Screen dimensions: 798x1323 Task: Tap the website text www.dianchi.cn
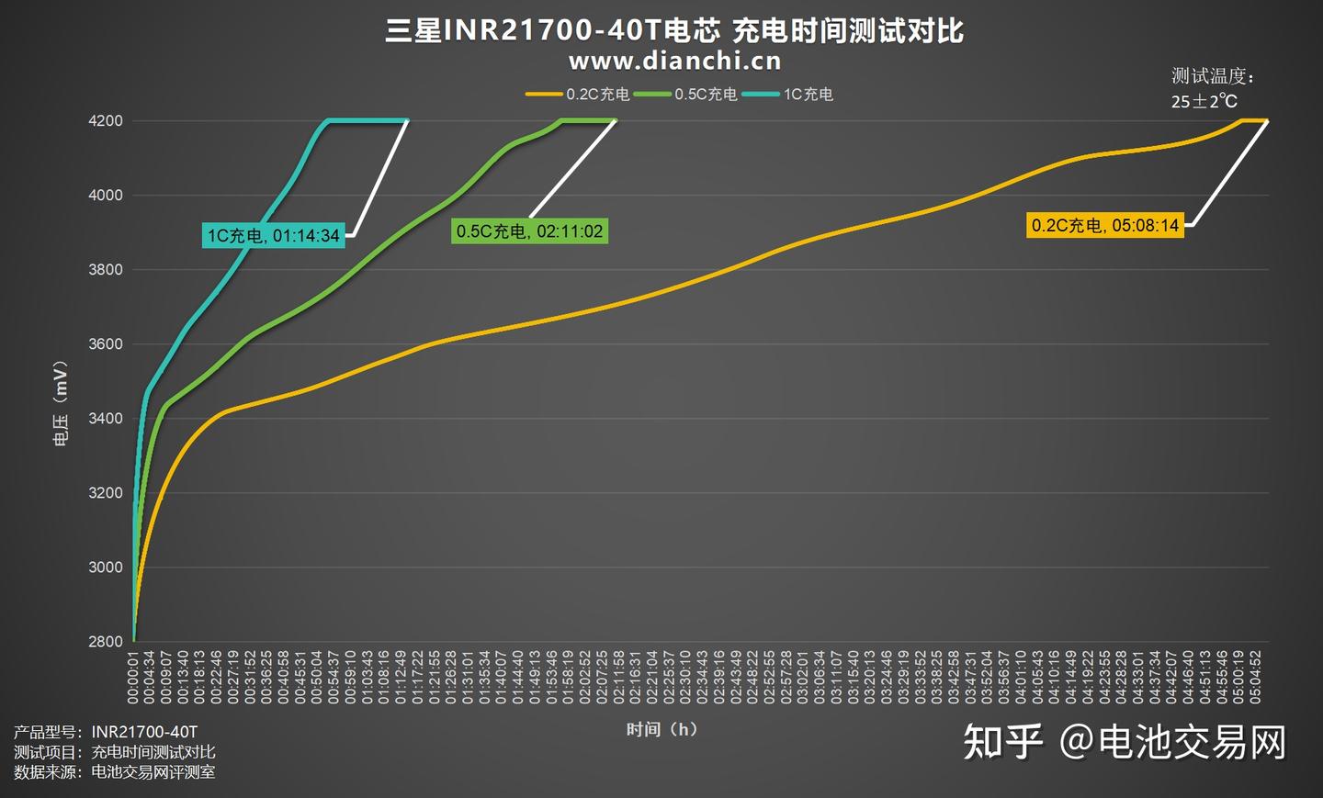click(674, 62)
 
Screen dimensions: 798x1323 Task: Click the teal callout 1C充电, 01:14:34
click(274, 236)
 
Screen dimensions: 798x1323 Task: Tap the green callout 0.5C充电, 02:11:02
click(530, 231)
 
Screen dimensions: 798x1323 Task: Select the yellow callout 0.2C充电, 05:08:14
click(1104, 225)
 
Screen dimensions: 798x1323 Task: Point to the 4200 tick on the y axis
click(106, 121)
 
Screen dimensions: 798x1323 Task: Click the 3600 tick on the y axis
click(106, 344)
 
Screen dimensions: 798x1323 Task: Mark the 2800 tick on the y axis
click(106, 642)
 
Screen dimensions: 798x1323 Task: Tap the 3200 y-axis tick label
click(106, 493)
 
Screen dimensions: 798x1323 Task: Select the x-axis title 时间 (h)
click(661, 729)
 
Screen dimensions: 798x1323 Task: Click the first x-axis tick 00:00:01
click(133, 679)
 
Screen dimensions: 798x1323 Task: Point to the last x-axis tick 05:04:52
click(1255, 679)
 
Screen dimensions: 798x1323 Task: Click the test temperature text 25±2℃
click(1204, 101)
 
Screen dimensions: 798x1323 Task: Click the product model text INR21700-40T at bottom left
click(144, 732)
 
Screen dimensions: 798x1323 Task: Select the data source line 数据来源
click(115, 772)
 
